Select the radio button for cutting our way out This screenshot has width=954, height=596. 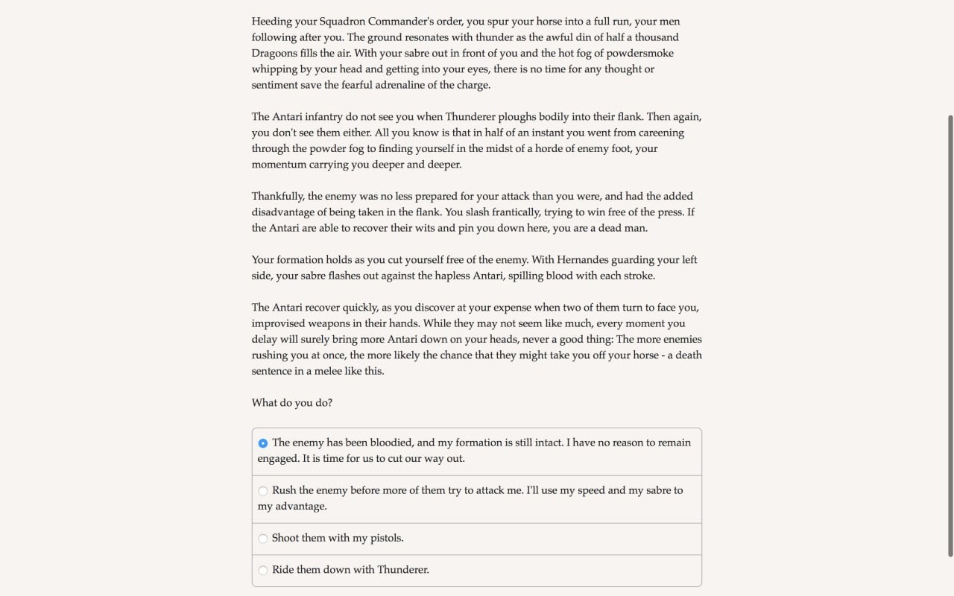(x=263, y=443)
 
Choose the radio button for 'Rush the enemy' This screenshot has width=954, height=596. (x=263, y=491)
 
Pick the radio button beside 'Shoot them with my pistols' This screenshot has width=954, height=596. (x=263, y=539)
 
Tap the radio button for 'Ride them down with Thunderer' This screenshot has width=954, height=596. (x=263, y=571)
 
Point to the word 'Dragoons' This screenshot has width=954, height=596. (x=276, y=53)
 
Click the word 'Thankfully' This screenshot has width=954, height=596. (x=277, y=196)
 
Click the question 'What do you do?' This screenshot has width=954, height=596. (x=292, y=403)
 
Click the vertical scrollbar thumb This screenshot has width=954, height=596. (x=950, y=335)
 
